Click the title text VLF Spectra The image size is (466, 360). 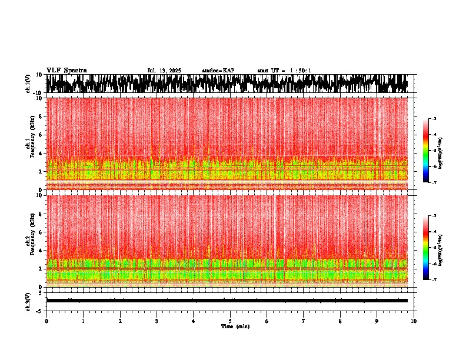pos(66,71)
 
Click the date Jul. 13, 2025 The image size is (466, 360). pos(164,71)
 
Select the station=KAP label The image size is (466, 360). pos(218,71)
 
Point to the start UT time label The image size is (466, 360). pos(284,71)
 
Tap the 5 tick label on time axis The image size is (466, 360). pos(230,321)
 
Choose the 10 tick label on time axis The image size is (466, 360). pos(414,321)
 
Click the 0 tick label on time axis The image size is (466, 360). pos(46,321)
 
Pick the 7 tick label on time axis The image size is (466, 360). pos(304,321)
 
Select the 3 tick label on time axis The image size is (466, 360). pos(157,321)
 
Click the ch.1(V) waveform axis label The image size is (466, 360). pos(28,84)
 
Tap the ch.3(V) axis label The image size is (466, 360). pos(28,301)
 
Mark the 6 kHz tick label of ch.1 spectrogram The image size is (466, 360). pos(40,135)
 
